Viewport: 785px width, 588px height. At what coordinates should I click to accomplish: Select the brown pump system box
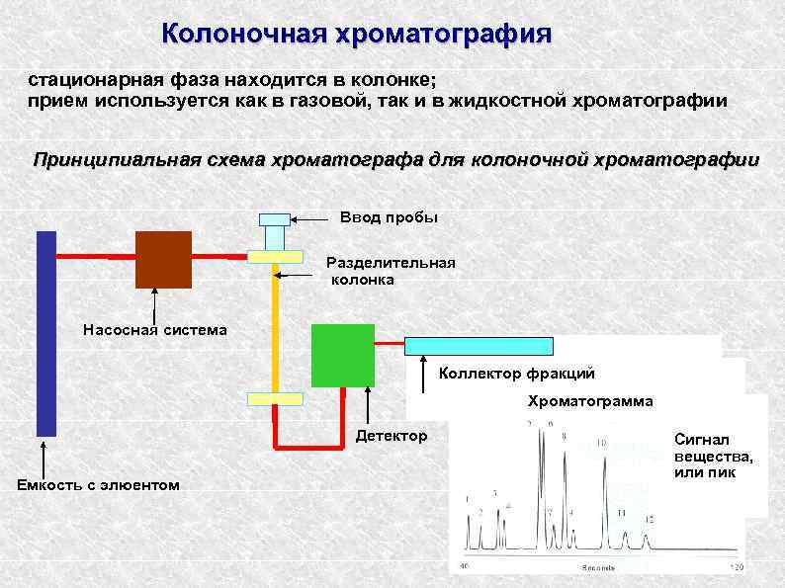pyautogui.click(x=163, y=259)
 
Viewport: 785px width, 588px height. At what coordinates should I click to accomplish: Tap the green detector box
pyautogui.click(x=342, y=355)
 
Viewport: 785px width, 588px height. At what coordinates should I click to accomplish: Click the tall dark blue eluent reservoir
pyautogui.click(x=46, y=333)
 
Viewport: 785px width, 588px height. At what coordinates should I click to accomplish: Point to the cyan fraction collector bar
pyautogui.click(x=479, y=346)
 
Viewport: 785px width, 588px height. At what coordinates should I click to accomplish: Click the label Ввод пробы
pyautogui.click(x=388, y=216)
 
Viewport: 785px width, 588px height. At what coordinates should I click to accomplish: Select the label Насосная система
pyautogui.click(x=154, y=330)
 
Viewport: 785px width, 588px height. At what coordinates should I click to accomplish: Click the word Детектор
pyautogui.click(x=392, y=436)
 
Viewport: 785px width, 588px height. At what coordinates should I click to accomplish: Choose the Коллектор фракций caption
pyautogui.click(x=516, y=374)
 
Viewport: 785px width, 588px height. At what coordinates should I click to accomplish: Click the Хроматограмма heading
pyautogui.click(x=589, y=401)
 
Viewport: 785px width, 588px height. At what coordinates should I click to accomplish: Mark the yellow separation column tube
pyautogui.click(x=276, y=326)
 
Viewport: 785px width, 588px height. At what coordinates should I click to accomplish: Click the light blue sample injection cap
pyautogui.click(x=275, y=219)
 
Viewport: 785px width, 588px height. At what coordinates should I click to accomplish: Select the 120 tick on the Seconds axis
pyautogui.click(x=735, y=566)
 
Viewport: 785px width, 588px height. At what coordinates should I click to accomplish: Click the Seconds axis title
pyautogui.click(x=599, y=567)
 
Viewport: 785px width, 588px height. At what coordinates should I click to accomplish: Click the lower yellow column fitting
pyautogui.click(x=275, y=398)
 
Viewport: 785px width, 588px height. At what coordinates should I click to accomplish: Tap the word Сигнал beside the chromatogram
pyautogui.click(x=700, y=438)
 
